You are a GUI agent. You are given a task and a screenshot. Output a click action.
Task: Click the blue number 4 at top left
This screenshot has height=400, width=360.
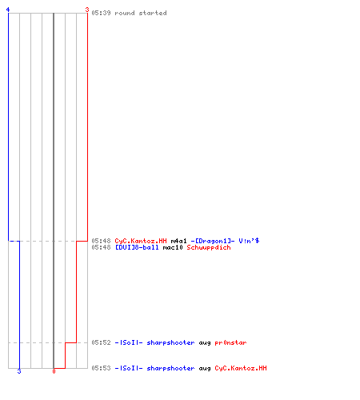click(8, 10)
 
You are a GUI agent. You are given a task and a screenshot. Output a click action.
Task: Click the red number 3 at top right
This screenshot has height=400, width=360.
click(87, 10)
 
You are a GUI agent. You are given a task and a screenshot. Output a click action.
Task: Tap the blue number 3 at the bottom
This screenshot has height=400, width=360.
click(19, 371)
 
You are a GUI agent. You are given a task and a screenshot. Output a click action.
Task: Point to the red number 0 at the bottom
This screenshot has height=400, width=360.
click(54, 371)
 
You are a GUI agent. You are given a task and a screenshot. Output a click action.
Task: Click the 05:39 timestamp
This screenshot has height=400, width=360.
click(101, 13)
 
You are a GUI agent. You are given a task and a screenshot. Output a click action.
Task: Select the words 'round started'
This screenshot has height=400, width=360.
click(141, 13)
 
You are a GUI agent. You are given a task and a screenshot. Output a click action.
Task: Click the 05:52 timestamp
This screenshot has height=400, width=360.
click(101, 342)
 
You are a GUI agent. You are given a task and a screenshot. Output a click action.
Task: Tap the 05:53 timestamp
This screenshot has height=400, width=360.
click(101, 368)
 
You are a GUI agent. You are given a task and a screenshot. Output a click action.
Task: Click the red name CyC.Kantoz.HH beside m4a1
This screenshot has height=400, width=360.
click(141, 241)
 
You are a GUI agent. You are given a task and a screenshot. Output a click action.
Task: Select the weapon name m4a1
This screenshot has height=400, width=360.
click(179, 241)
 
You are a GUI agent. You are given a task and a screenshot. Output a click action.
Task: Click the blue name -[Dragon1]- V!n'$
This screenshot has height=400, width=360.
click(225, 241)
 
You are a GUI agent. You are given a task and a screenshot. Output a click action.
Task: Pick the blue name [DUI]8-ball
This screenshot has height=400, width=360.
click(137, 247)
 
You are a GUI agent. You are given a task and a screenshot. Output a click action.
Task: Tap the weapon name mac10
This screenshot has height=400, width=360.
click(173, 247)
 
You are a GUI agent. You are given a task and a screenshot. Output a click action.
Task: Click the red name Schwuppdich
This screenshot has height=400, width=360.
click(209, 247)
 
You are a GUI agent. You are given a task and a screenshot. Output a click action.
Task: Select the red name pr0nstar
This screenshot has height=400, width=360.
click(230, 342)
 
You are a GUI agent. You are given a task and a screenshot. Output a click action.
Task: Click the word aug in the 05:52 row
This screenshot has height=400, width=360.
click(205, 343)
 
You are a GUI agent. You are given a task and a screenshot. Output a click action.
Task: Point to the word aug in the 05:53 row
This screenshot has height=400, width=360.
click(205, 369)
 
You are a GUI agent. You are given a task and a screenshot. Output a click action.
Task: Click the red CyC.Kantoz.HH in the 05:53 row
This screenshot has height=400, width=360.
click(241, 368)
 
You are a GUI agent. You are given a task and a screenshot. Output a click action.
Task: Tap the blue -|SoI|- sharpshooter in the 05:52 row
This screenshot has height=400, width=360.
click(154, 342)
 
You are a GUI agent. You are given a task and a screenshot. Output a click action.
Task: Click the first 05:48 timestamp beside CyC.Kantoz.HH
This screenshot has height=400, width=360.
click(101, 241)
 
